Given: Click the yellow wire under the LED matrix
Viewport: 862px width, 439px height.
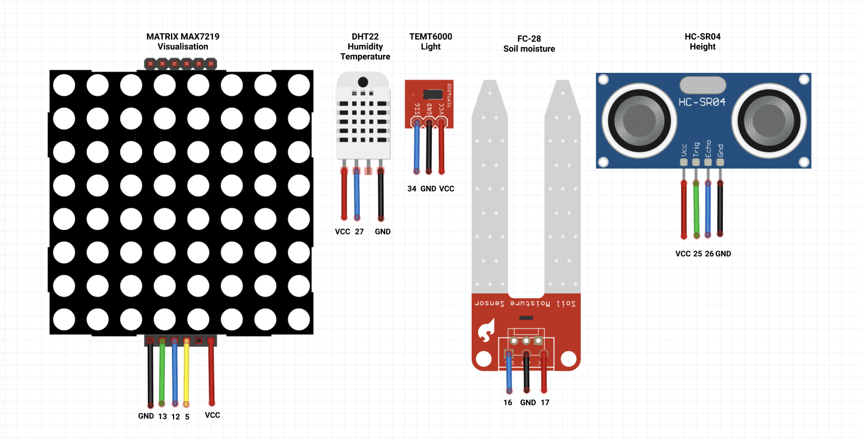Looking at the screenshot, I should [186, 373].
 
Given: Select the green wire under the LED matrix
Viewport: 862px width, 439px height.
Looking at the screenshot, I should [162, 373].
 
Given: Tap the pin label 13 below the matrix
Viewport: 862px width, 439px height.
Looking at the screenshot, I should [162, 416].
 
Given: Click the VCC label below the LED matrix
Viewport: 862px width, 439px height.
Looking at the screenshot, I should [213, 415].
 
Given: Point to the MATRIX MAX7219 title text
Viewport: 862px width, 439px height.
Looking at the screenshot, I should [183, 36].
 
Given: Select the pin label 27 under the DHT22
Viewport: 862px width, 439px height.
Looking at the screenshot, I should [359, 232].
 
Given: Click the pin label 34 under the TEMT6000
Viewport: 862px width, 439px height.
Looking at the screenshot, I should [411, 189].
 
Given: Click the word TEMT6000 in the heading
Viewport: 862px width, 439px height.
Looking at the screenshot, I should [430, 36].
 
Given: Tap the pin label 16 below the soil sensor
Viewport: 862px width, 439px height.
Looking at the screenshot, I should [507, 403].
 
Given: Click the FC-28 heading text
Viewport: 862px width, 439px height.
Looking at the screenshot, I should [529, 39].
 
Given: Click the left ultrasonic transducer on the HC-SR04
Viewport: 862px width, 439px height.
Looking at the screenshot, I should [639, 120].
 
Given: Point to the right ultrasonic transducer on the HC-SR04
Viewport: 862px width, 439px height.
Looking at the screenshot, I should [769, 120].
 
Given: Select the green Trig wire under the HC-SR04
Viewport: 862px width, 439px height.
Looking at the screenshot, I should [696, 209].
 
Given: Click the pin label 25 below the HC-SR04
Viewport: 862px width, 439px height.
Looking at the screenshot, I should [697, 254].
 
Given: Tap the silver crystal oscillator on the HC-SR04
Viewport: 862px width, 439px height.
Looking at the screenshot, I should [703, 85].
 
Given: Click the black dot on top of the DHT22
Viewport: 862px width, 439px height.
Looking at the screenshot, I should [363, 82].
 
